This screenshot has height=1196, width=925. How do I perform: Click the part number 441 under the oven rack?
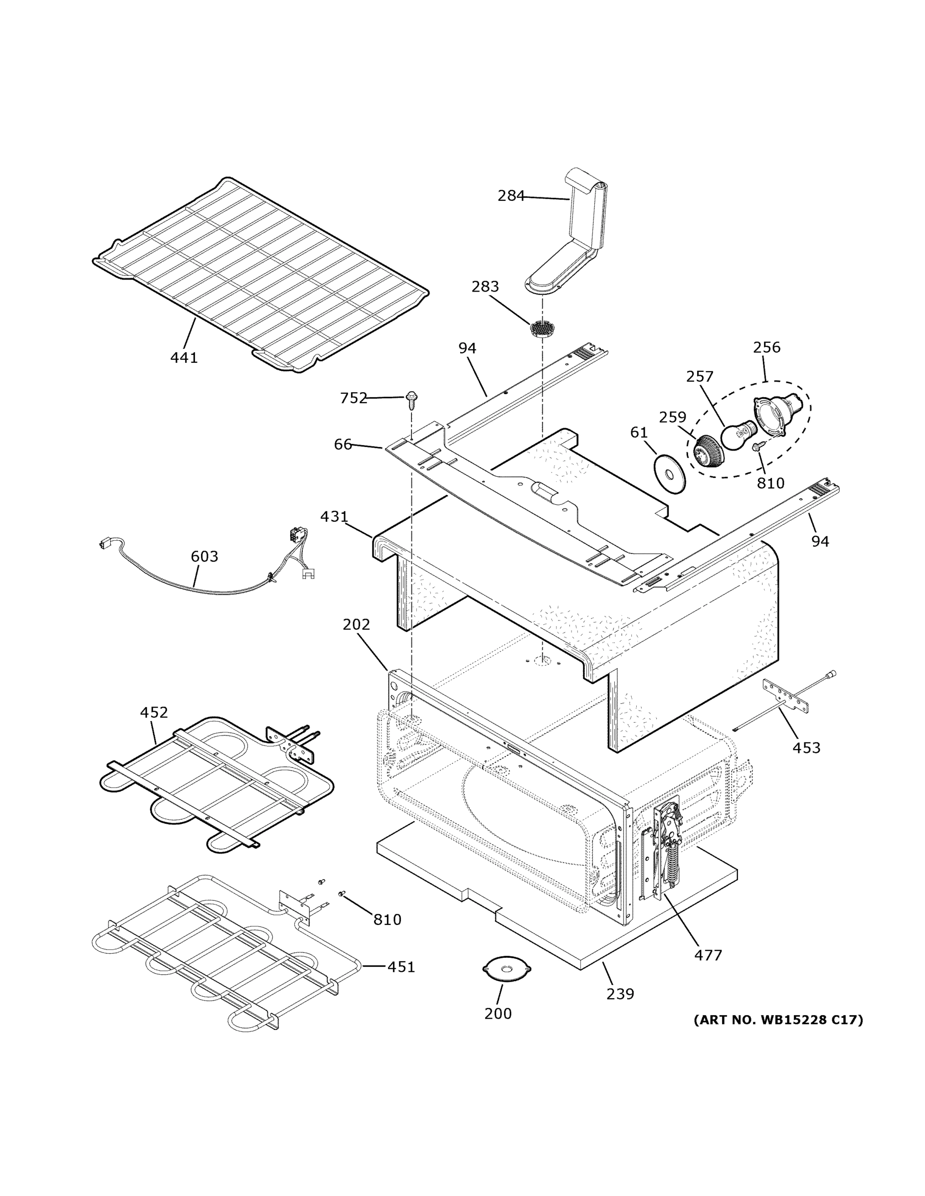tap(184, 358)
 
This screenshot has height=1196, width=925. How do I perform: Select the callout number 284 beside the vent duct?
tap(511, 195)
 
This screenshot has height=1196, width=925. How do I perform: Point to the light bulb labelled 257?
tap(736, 437)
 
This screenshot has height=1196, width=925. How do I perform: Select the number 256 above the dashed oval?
tap(766, 347)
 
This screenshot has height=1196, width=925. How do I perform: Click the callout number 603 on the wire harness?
tap(204, 556)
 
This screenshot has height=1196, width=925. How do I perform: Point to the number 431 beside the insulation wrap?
tap(334, 516)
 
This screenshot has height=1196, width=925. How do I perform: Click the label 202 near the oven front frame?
tap(356, 624)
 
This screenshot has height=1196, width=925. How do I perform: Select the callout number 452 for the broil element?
tap(154, 713)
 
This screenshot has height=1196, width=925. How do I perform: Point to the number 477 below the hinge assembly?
tap(708, 955)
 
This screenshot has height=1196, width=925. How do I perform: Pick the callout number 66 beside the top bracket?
tap(343, 444)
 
